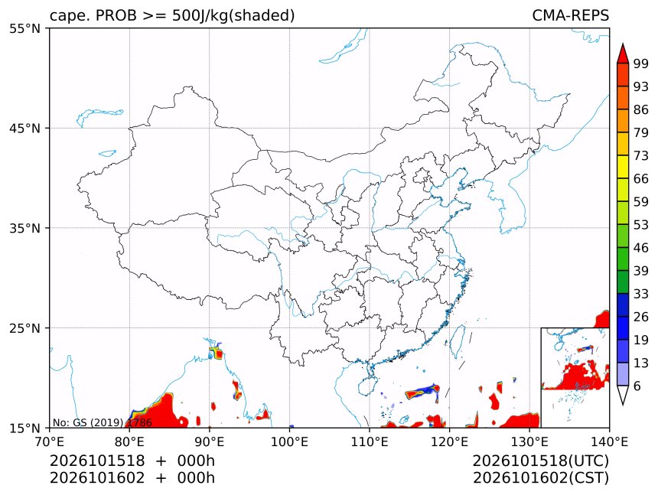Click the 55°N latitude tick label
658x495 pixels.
(x=24, y=28)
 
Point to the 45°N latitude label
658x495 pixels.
(x=24, y=128)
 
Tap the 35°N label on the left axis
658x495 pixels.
(x=24, y=228)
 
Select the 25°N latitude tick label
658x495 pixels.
(x=24, y=327)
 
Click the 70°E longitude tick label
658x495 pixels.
(x=50, y=441)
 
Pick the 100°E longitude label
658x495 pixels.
(x=289, y=441)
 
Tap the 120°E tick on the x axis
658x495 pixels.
(x=449, y=441)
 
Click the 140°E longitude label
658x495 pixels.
(x=609, y=441)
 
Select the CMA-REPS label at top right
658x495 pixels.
(x=570, y=15)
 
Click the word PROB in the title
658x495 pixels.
(x=116, y=15)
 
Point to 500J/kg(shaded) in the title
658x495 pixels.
(x=233, y=16)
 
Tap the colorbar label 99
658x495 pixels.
(x=641, y=64)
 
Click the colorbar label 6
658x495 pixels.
(x=637, y=386)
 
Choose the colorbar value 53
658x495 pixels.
(x=641, y=225)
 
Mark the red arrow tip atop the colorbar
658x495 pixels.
(x=623, y=44)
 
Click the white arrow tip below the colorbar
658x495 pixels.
(x=623, y=405)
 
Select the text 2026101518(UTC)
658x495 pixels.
(x=540, y=461)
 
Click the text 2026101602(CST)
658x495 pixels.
(x=540, y=478)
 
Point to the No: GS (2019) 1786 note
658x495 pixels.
(x=102, y=422)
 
